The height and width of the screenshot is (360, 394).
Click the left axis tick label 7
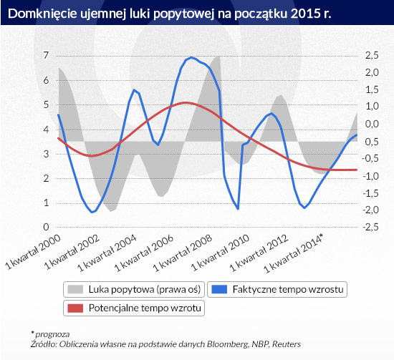[46, 56]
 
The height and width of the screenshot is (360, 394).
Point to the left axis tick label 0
[46, 227]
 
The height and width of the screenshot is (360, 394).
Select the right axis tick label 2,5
[372, 56]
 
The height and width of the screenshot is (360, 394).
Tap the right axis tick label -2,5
[370, 227]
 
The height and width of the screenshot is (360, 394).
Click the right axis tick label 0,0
[372, 124]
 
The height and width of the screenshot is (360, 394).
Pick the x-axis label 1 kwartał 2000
[33, 252]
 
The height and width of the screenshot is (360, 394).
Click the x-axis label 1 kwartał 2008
[183, 253]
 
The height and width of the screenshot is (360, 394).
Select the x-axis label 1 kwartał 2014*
[293, 253]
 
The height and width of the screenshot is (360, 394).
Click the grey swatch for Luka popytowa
[75, 289]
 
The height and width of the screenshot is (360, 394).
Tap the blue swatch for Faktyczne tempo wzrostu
[219, 289]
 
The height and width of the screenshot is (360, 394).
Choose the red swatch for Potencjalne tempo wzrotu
[75, 308]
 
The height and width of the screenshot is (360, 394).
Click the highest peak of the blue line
[191, 58]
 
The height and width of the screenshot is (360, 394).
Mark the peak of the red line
[186, 102]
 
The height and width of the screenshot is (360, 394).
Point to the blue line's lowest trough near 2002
[92, 212]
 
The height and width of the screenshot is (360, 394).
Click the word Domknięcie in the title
[42, 14]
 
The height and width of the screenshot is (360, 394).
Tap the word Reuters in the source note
[287, 344]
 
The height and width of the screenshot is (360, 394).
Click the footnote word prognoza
[52, 335]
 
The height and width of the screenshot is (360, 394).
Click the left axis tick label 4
[46, 130]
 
